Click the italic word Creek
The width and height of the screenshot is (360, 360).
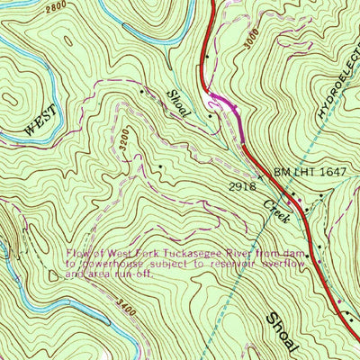click(274, 212)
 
